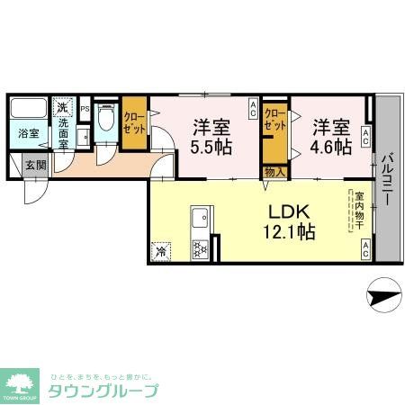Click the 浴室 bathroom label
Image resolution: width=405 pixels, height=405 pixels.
(29, 133)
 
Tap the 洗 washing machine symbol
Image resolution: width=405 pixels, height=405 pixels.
(62, 109)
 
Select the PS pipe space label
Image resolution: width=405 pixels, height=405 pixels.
(85, 109)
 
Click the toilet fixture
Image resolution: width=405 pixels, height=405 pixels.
(104, 120)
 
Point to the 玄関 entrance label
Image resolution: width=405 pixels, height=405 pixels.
(35, 165)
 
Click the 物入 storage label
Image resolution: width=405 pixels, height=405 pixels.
(273, 171)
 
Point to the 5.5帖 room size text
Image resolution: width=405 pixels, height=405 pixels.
(212, 146)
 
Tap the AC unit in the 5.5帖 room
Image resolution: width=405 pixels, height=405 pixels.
(253, 112)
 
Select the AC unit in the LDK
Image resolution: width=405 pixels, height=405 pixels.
(366, 250)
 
